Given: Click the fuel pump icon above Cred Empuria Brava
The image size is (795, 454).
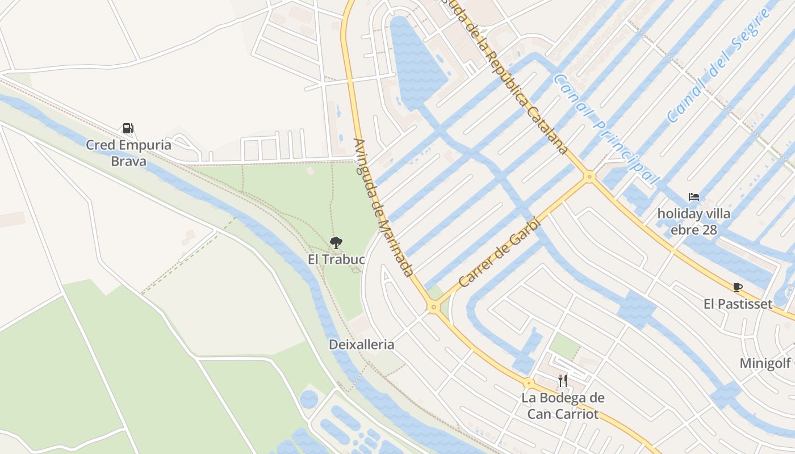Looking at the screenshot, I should [128, 128].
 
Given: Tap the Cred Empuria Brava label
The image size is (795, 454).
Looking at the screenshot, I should [128, 153].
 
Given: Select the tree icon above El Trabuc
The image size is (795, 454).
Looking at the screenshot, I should [336, 243].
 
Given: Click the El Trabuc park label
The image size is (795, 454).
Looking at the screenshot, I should [336, 259].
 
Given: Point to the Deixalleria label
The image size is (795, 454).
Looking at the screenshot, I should [361, 344].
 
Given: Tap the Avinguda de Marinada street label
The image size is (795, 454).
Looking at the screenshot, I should [383, 207].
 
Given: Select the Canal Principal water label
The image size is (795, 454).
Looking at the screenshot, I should [606, 130].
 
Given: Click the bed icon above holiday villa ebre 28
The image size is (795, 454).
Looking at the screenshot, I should [693, 197].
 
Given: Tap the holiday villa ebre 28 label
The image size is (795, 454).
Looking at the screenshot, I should [693, 222].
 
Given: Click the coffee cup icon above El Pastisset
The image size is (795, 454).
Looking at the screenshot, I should [737, 287].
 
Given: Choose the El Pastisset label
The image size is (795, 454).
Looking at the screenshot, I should [738, 304].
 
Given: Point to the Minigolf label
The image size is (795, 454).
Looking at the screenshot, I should [767, 363].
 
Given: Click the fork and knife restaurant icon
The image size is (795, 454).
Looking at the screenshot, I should [563, 380].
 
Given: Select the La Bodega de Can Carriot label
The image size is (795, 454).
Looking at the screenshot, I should [563, 406].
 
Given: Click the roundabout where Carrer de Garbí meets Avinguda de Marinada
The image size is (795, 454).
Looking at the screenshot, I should [434, 307].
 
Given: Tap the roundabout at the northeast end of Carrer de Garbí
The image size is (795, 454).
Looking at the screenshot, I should [589, 177].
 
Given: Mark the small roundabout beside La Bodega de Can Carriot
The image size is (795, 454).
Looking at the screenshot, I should [529, 383].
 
